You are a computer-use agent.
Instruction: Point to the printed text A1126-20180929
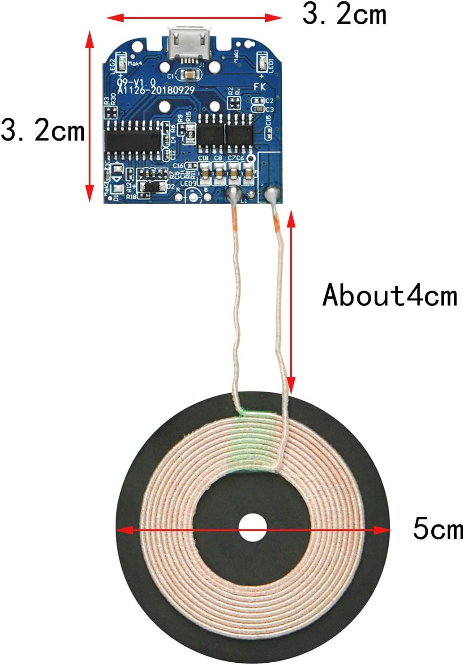[x=156, y=90]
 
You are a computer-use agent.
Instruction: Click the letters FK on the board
[x=260, y=86]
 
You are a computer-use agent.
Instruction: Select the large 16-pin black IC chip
[x=133, y=140]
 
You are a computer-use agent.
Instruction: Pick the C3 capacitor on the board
[x=258, y=108]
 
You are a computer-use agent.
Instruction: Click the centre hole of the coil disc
[x=252, y=528]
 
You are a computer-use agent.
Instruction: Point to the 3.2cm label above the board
[x=344, y=15]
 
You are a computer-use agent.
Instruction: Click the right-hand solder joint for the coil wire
[x=271, y=195]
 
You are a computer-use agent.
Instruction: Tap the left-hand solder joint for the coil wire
[x=233, y=194]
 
